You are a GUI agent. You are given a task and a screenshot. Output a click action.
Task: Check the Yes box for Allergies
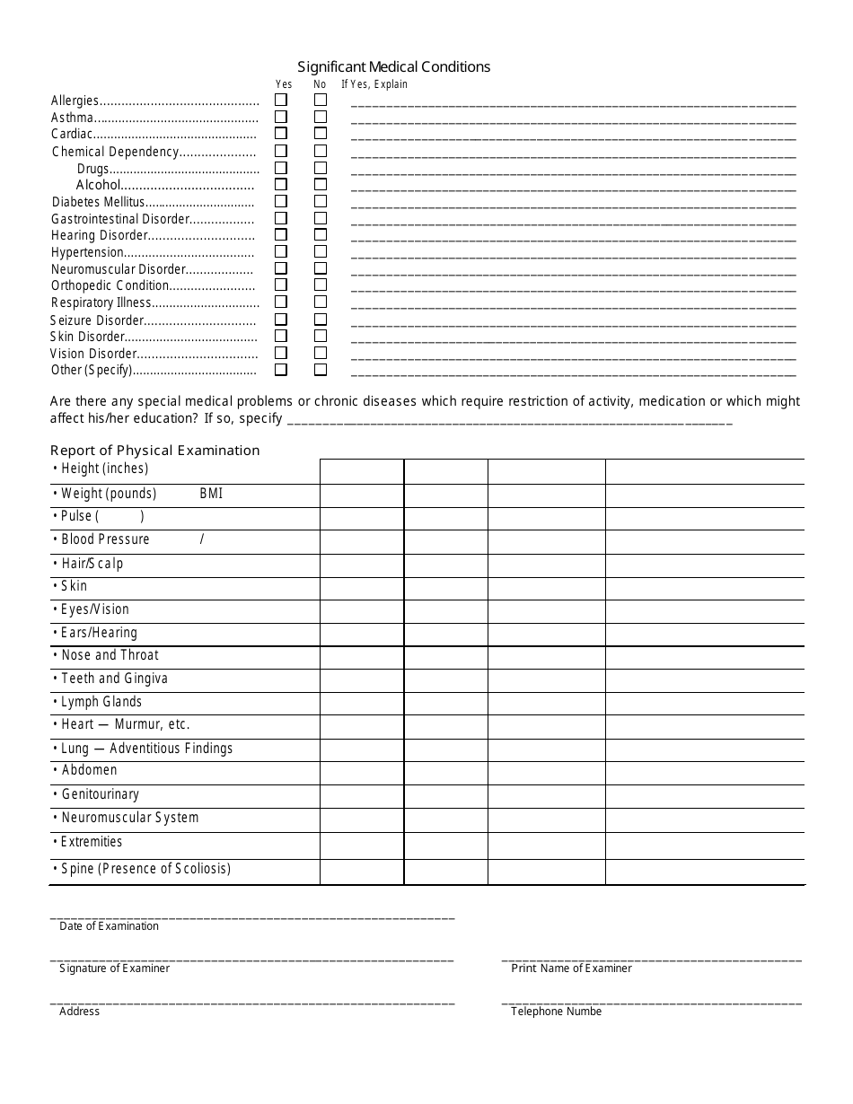point(281,101)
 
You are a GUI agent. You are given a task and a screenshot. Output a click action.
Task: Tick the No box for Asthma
point(320,117)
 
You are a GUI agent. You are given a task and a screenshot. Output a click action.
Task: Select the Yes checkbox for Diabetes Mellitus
point(281,201)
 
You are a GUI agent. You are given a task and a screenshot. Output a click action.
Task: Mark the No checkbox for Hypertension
point(320,251)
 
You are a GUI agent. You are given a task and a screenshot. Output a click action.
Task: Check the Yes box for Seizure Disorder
point(281,319)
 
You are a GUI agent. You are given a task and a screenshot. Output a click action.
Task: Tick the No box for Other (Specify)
point(320,369)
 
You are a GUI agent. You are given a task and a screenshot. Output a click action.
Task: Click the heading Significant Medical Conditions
point(393,66)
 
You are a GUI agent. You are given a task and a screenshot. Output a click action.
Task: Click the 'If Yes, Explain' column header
point(374,84)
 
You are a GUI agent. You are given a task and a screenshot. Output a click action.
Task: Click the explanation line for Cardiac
point(573,138)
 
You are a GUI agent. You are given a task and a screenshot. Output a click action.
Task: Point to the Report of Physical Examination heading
point(154,451)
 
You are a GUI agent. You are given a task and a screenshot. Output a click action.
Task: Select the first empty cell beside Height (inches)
point(361,471)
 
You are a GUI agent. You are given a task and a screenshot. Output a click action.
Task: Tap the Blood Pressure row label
point(105,539)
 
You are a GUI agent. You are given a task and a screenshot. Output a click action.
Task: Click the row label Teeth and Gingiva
point(114,679)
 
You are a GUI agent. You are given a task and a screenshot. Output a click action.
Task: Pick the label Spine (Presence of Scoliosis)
point(145,869)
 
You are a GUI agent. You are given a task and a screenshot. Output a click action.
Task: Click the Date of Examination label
point(109,926)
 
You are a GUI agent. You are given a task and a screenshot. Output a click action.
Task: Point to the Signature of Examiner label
point(114,968)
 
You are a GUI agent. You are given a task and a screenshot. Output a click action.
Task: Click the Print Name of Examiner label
point(571,968)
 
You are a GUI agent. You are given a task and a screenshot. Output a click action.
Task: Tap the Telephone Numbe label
point(556,1012)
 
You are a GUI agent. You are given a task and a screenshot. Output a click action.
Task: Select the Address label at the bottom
point(79,1012)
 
